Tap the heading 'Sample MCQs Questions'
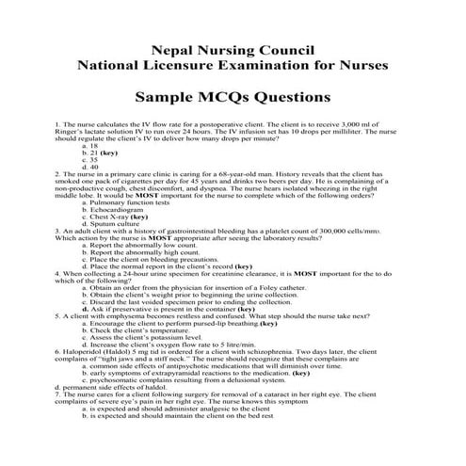point(233,97)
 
